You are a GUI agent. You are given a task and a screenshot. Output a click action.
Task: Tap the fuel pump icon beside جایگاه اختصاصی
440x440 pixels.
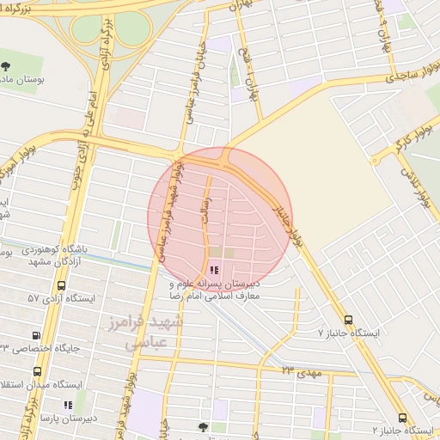click(36, 336)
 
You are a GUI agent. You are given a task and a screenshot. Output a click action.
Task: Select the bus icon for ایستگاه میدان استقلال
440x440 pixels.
click(37, 371)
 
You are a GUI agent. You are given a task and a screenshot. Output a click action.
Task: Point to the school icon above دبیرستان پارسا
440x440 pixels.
click(67, 405)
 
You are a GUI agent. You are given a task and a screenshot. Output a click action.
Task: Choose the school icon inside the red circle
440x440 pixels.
click(213, 270)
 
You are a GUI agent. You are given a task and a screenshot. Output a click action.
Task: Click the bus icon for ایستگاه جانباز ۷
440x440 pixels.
click(347, 319)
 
